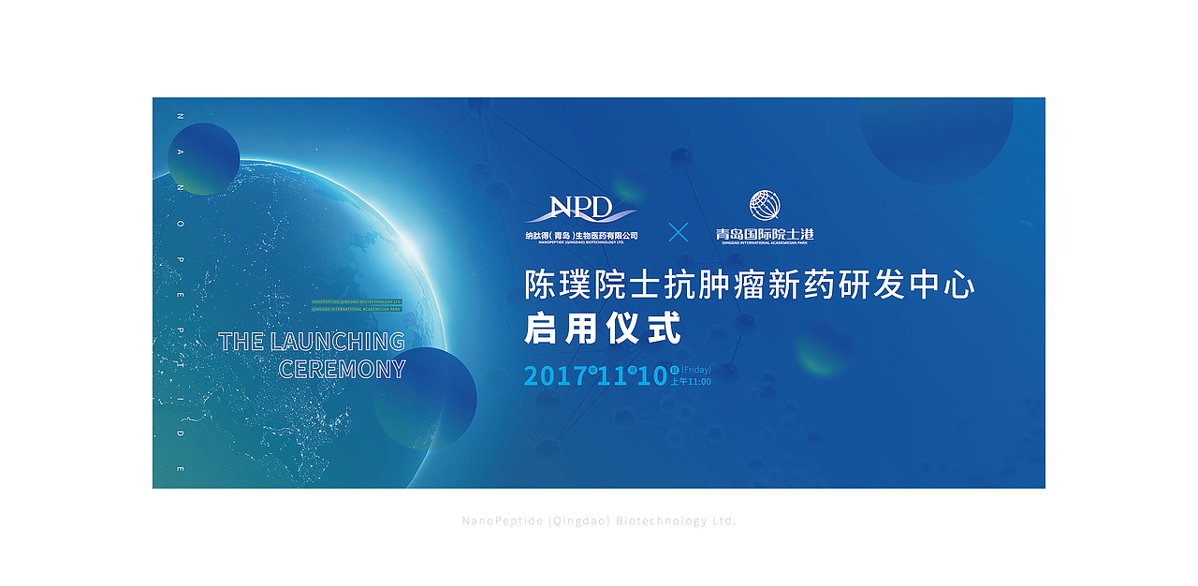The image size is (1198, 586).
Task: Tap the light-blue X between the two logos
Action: [678, 232]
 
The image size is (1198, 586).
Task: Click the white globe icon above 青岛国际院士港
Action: [764, 206]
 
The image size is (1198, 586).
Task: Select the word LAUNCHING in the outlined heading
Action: [338, 342]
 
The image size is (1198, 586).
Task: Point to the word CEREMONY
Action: [343, 370]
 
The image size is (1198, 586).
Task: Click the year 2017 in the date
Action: [555, 376]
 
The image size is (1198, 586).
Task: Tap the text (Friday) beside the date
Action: [695, 370]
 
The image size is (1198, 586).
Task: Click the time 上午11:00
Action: [690, 382]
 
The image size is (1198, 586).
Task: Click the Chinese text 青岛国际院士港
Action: [764, 234]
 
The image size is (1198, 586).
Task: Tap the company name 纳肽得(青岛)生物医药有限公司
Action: [581, 235]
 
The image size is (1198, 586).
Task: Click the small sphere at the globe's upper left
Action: [203, 158]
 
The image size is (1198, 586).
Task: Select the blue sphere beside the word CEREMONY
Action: [426, 398]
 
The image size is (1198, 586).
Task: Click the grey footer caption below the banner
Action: [599, 520]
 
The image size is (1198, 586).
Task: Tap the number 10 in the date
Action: [652, 376]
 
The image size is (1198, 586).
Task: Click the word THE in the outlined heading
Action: [241, 342]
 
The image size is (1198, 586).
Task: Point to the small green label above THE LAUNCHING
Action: [356, 305]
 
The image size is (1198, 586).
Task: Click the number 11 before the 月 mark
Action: [612, 376]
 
